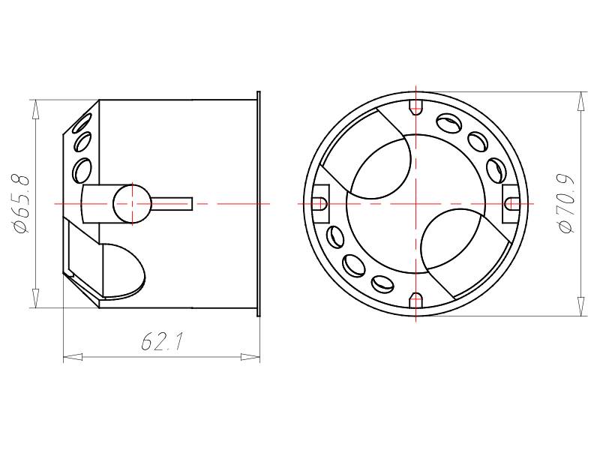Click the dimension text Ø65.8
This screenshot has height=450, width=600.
coord(22,203)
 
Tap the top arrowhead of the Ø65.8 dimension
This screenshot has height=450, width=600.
coord(36,109)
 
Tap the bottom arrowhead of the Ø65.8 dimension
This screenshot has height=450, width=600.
coord(36,298)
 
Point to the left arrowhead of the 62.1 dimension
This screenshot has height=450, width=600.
coord(73,357)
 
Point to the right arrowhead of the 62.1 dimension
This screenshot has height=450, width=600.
coord(250,357)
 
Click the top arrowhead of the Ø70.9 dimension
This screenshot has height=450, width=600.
coord(580,101)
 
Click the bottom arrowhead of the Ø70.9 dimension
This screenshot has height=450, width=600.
coord(580,307)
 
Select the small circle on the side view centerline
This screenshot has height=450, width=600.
coord(132,204)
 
